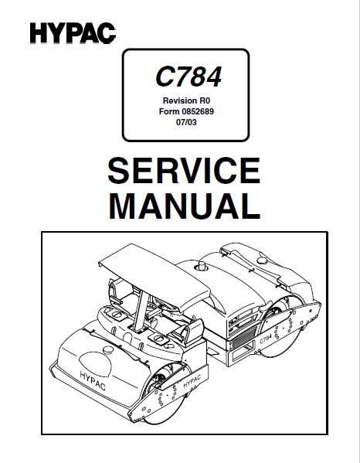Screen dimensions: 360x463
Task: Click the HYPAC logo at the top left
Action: tap(73, 33)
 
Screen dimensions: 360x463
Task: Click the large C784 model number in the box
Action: tap(188, 77)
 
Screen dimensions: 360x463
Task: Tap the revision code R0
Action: tap(205, 100)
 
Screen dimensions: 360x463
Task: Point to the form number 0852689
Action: tap(198, 111)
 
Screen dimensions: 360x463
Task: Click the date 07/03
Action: tap(186, 122)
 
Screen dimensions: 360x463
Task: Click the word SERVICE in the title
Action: tap(184, 171)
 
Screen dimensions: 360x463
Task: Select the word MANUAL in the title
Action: tap(185, 206)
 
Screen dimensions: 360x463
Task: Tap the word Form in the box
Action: tap(169, 111)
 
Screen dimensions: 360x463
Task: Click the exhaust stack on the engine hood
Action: tap(202, 265)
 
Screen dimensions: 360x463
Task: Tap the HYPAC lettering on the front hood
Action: tap(93, 380)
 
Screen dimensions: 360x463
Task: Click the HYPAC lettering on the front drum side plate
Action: tap(192, 381)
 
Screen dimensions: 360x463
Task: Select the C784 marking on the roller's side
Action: tap(265, 339)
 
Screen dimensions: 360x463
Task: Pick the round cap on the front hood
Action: tap(109, 349)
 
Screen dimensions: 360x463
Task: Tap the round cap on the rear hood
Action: tap(262, 260)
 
